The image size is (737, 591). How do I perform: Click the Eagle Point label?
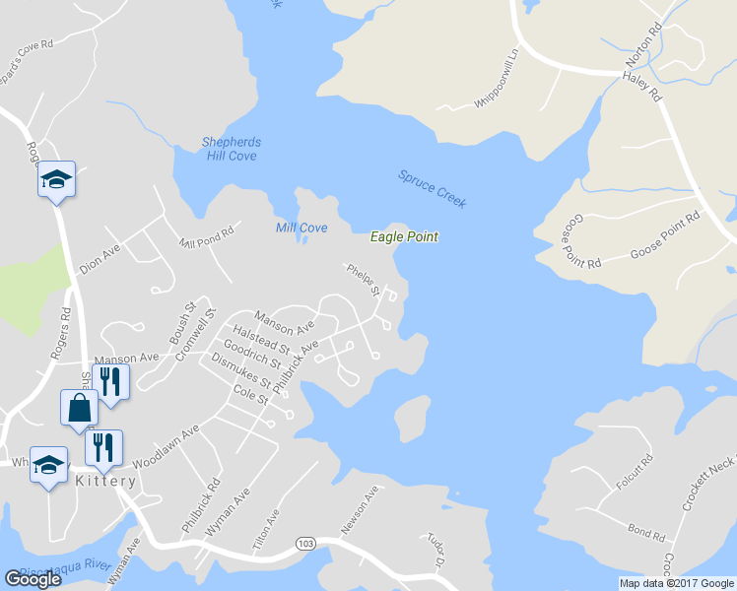click(x=404, y=236)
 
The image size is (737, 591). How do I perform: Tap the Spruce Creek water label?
click(x=432, y=189)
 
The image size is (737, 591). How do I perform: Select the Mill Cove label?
click(x=301, y=228)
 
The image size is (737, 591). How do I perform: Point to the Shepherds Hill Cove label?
click(x=230, y=149)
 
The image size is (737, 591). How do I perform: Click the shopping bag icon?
click(x=78, y=406)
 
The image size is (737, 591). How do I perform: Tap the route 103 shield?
click(x=307, y=544)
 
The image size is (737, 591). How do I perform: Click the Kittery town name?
click(x=105, y=481)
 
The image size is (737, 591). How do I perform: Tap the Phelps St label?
click(x=363, y=279)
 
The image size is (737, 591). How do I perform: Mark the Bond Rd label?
click(x=645, y=533)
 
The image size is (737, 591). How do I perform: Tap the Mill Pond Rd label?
click(x=206, y=236)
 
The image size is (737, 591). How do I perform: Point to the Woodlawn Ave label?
click(x=166, y=446)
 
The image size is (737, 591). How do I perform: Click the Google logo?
click(x=33, y=579)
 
